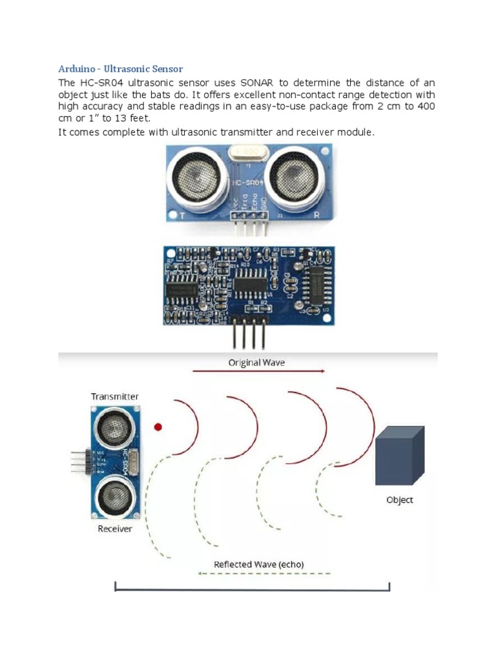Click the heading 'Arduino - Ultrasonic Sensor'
[x=121, y=68]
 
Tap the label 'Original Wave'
[x=256, y=362]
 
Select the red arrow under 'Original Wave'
[x=258, y=371]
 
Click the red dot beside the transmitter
[x=158, y=427]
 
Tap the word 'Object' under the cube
[x=399, y=500]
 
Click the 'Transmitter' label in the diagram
[x=115, y=396]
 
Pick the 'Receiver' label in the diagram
[x=115, y=529]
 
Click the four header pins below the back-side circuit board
[x=249, y=335]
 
